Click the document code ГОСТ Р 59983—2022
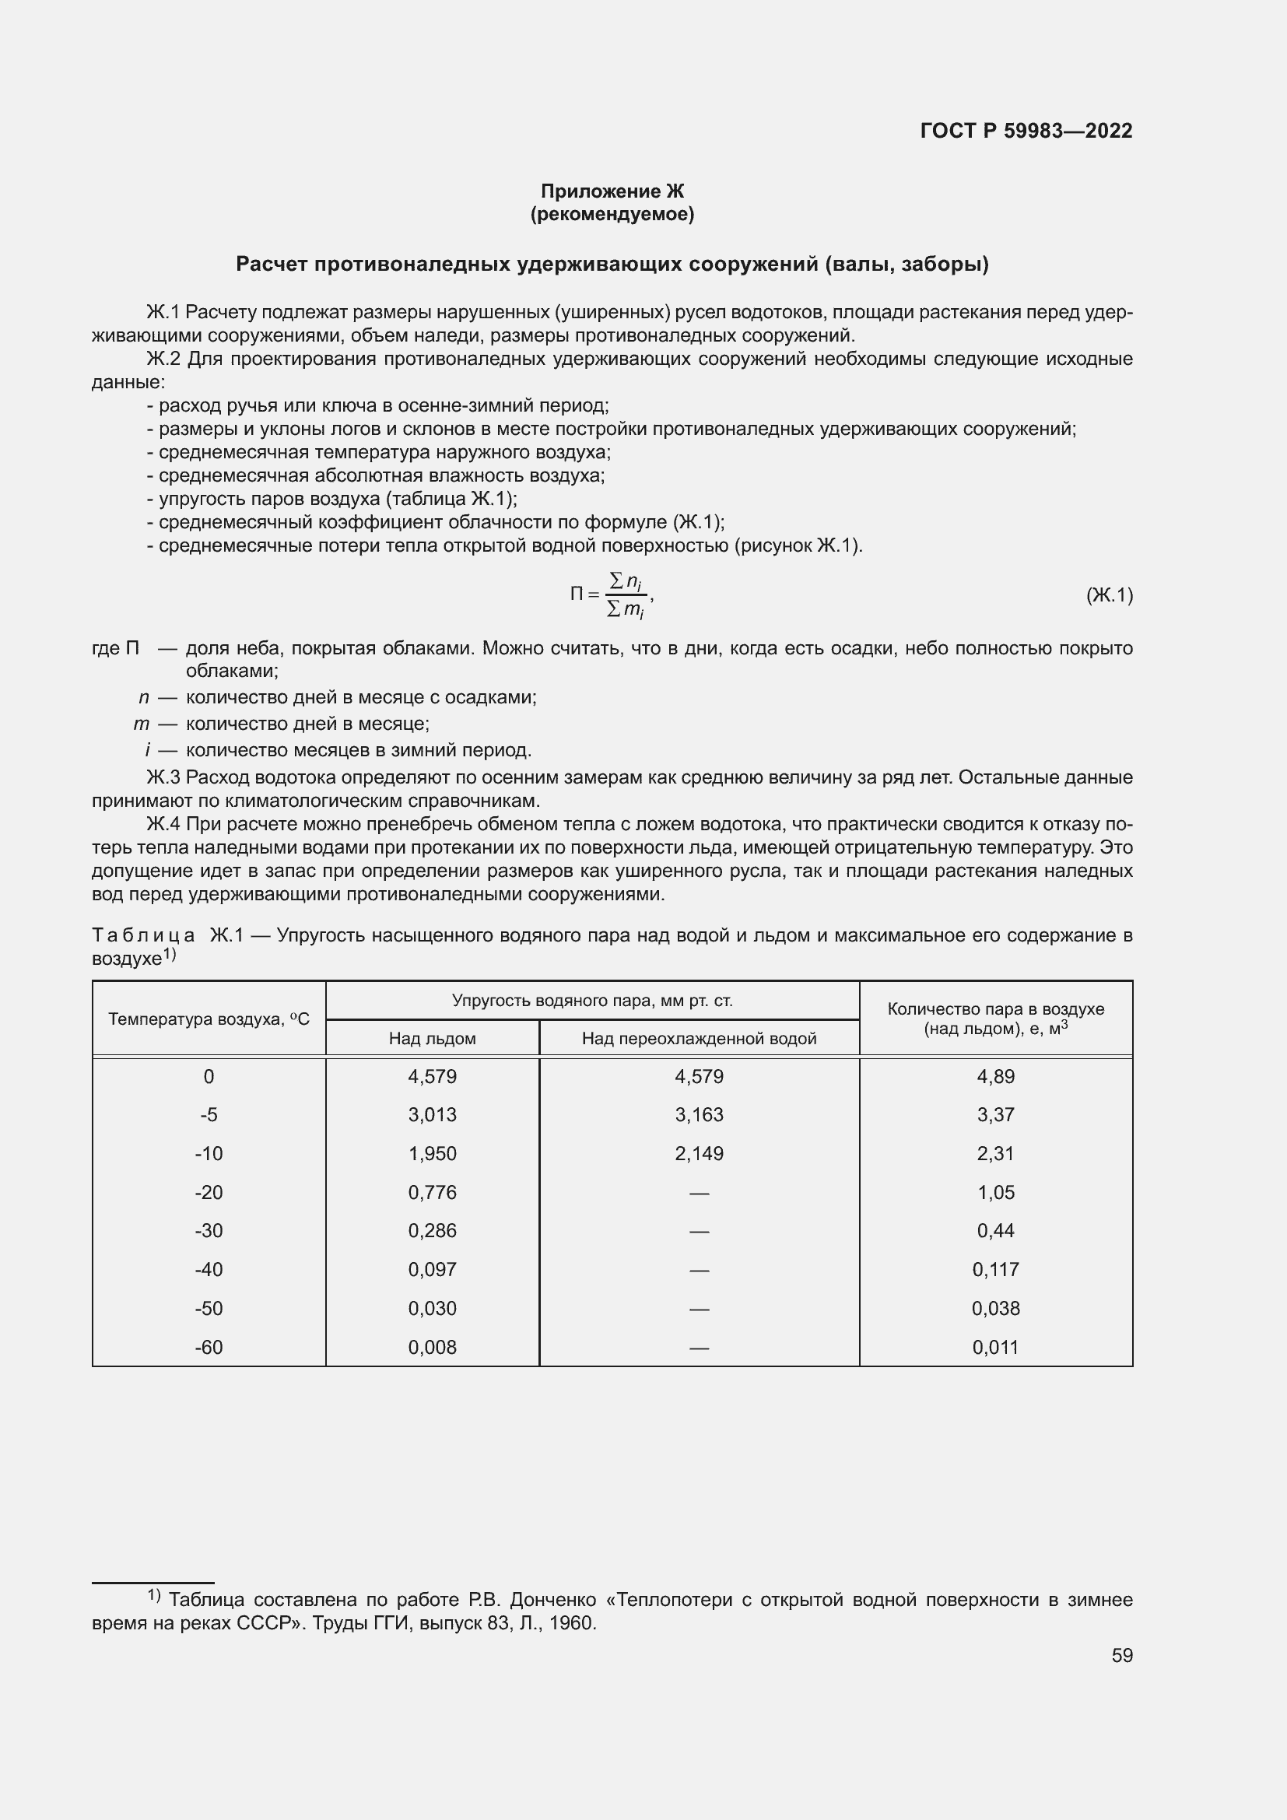(x=1026, y=131)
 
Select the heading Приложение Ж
(x=612, y=191)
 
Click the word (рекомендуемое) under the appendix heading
(x=612, y=214)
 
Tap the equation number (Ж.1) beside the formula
(x=1109, y=594)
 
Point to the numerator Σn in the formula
(x=626, y=582)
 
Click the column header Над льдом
(x=432, y=1039)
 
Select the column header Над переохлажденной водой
(x=699, y=1039)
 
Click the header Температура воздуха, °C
(x=209, y=1019)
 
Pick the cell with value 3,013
(x=432, y=1114)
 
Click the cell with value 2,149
(x=699, y=1153)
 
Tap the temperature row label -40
(x=209, y=1269)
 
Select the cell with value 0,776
(x=432, y=1192)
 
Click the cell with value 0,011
(x=995, y=1347)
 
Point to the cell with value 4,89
(x=995, y=1076)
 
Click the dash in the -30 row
(x=699, y=1231)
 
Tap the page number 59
(x=1121, y=1655)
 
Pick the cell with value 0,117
(x=995, y=1269)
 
